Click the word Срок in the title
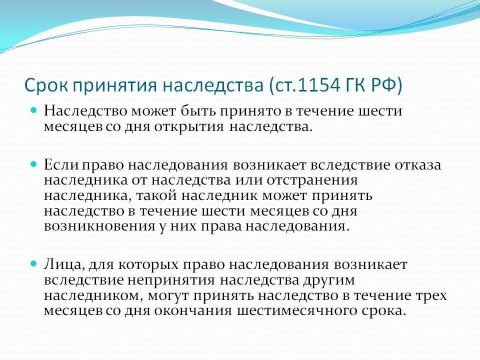tap(46, 85)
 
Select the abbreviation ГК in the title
tap(356, 85)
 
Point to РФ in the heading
tap(384, 85)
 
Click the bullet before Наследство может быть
tap(34, 109)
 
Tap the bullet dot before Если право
tap(34, 164)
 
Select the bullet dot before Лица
tap(34, 263)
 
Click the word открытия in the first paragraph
tap(189, 126)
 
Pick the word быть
tap(197, 110)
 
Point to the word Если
tap(61, 164)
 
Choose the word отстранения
tap(312, 180)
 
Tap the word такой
tap(156, 195)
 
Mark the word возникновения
tap(99, 226)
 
